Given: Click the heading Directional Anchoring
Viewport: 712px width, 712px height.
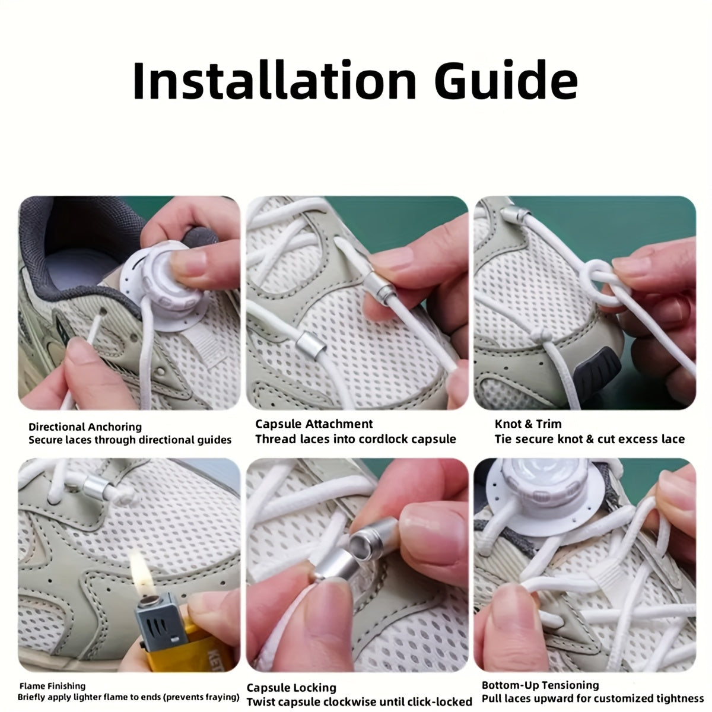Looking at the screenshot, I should pyautogui.click(x=85, y=427).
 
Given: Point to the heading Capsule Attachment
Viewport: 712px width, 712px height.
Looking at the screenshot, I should pyautogui.click(x=314, y=424).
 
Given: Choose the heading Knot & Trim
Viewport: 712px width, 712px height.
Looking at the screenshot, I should pyautogui.click(x=527, y=424).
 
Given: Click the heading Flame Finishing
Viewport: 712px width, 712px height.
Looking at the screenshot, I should pyautogui.click(x=52, y=686).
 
